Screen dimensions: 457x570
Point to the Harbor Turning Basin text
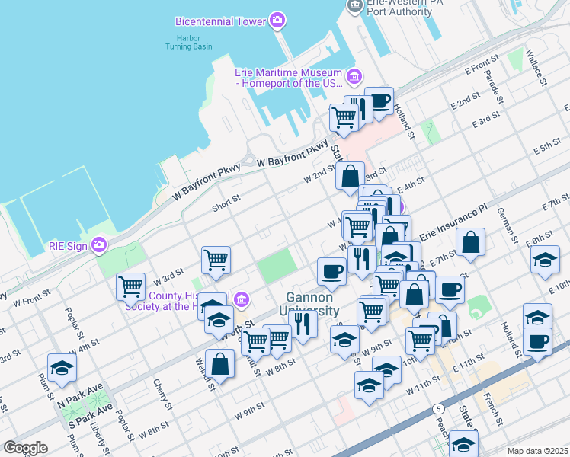(189, 41)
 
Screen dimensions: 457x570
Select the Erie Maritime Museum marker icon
(354, 76)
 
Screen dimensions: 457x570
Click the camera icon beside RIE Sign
(99, 244)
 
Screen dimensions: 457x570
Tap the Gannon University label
(312, 304)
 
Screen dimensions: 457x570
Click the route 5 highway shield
(439, 409)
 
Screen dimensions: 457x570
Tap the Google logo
(25, 448)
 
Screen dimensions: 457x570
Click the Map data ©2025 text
(538, 451)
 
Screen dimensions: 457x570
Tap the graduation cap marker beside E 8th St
(545, 260)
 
